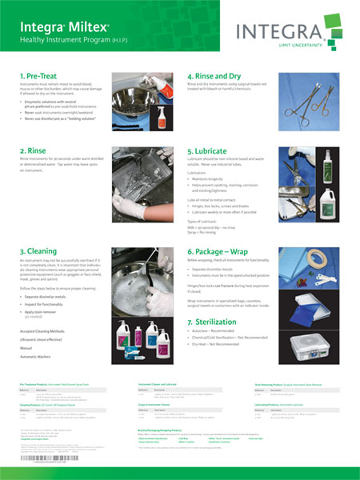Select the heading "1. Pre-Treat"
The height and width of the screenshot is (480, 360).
[42, 76]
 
